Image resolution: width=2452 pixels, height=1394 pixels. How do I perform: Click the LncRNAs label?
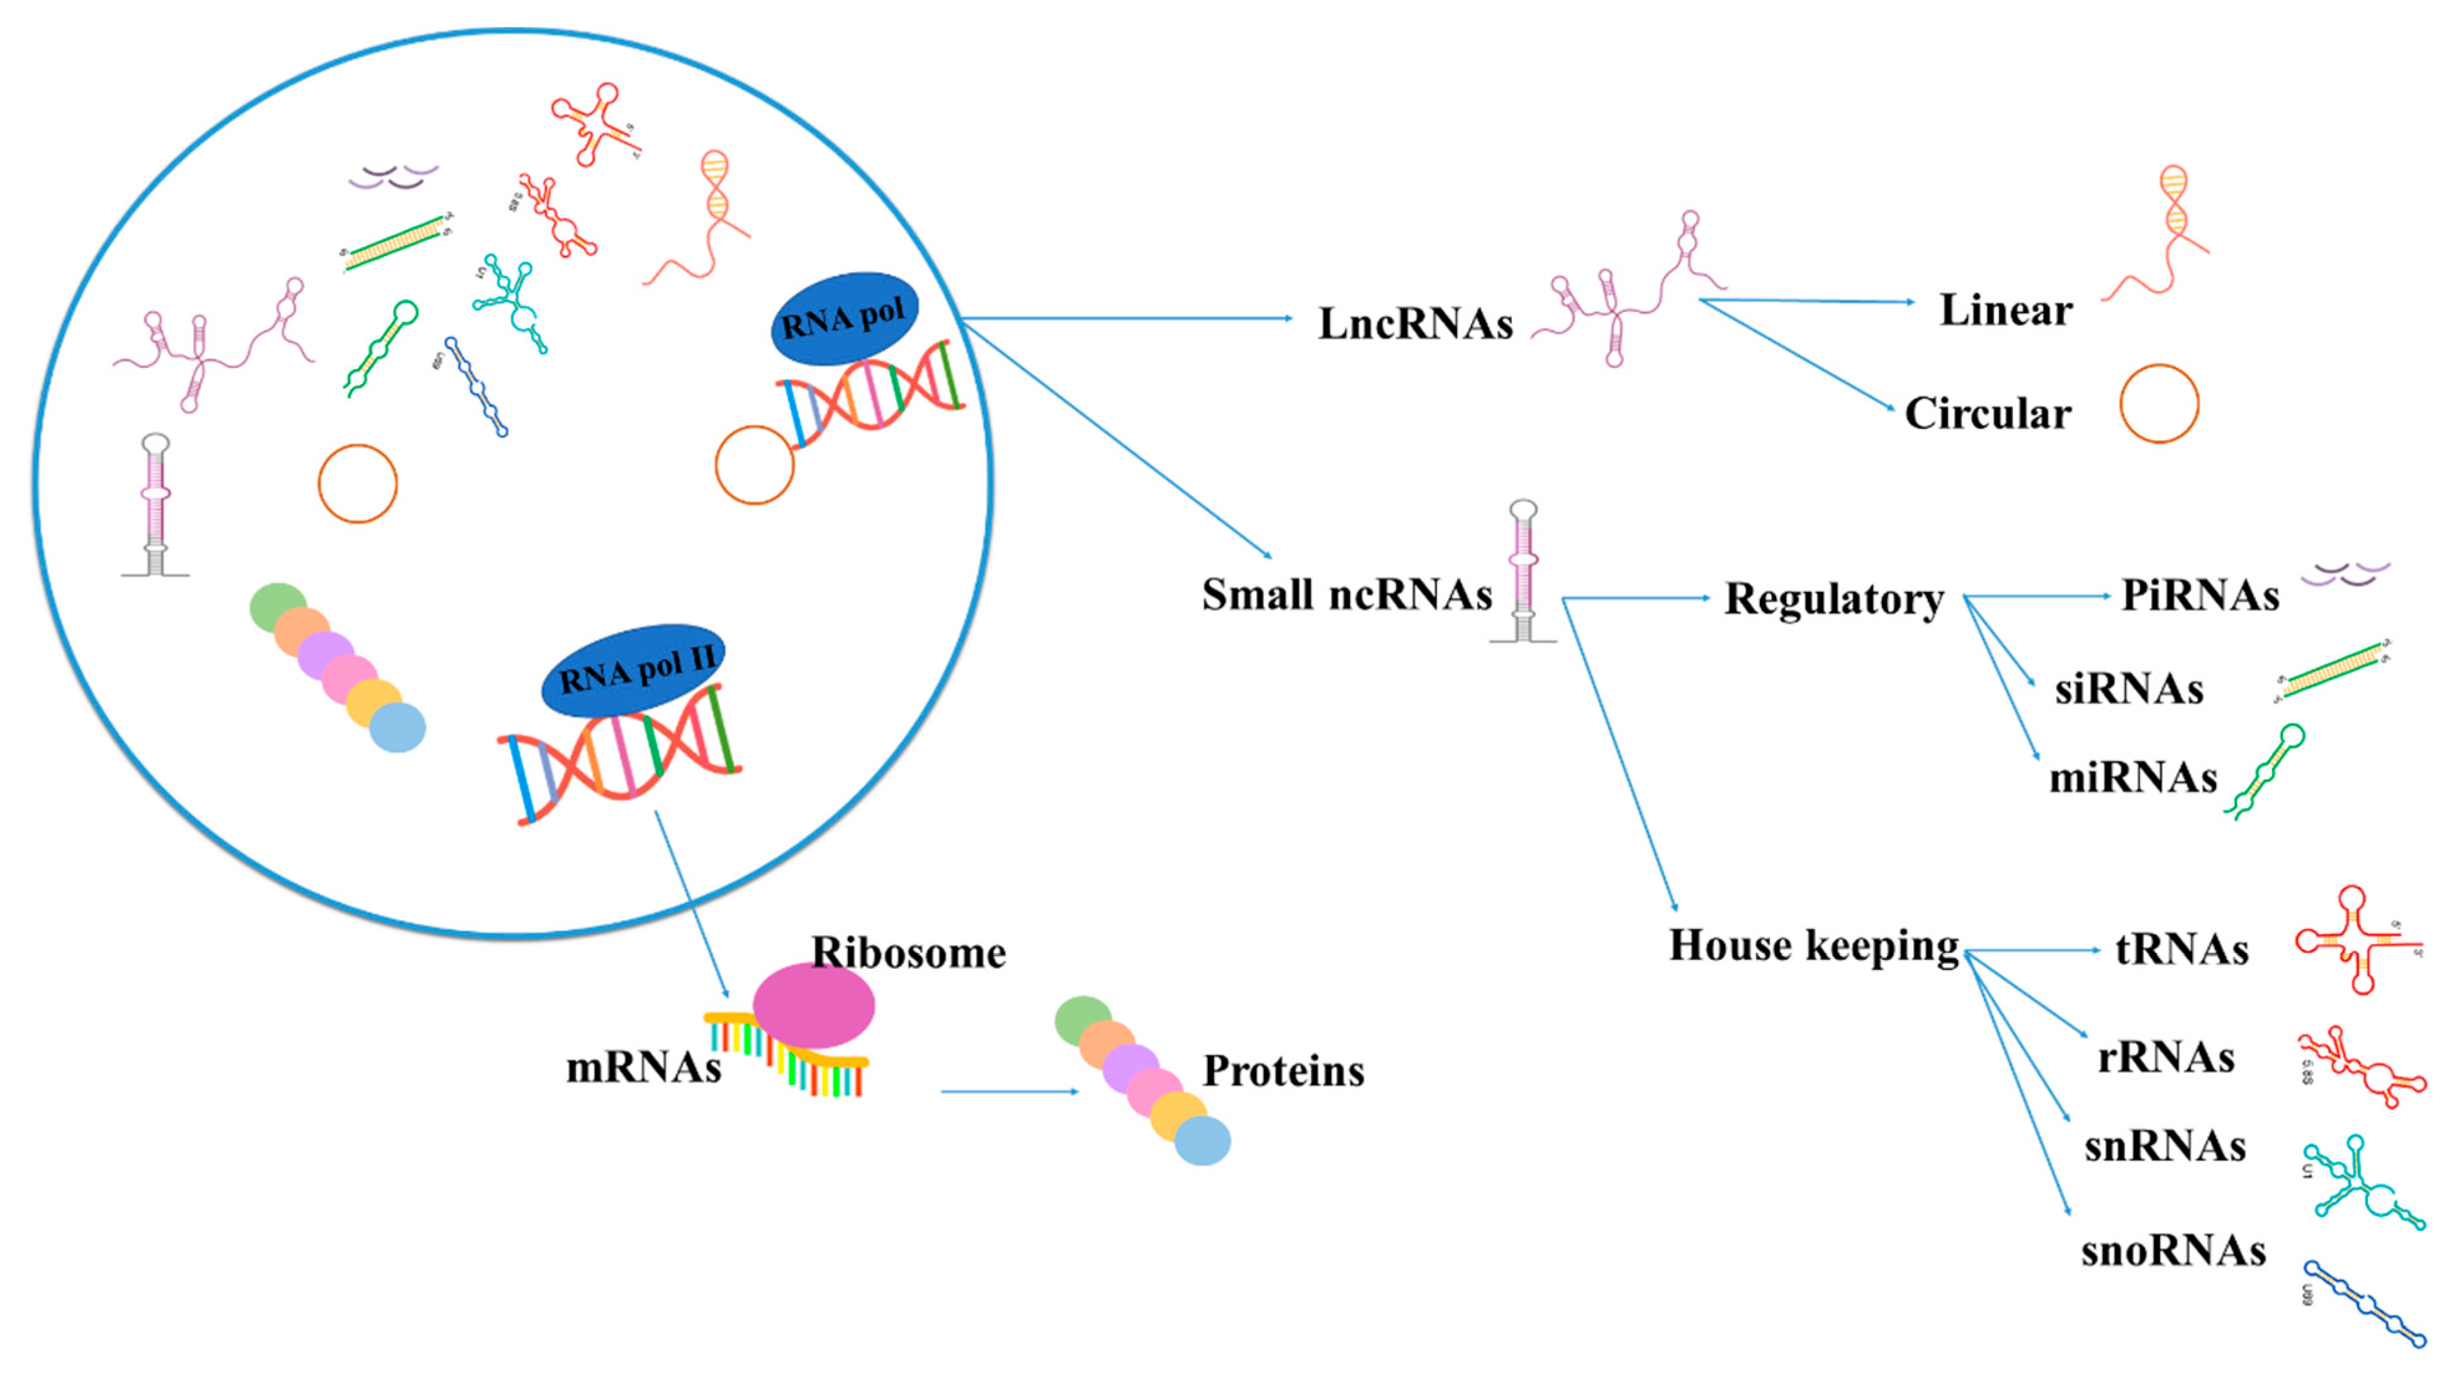[1415, 324]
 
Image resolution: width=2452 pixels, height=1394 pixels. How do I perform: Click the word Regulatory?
[1833, 600]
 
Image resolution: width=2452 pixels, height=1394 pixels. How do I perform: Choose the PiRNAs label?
[2200, 595]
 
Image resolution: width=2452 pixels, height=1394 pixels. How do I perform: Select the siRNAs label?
[2128, 689]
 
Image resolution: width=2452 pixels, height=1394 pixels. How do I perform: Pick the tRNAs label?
[2182, 949]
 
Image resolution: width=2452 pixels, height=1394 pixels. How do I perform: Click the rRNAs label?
[2165, 1057]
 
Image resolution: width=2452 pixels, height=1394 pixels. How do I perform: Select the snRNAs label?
[2165, 1146]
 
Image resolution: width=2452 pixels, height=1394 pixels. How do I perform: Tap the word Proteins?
[1283, 1070]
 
